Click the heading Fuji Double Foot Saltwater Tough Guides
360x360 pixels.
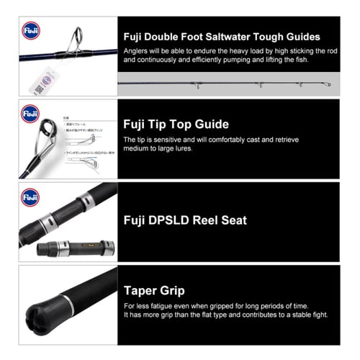pos(222,37)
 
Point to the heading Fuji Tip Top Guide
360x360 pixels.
pos(176,125)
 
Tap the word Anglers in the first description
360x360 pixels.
pos(136,51)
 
